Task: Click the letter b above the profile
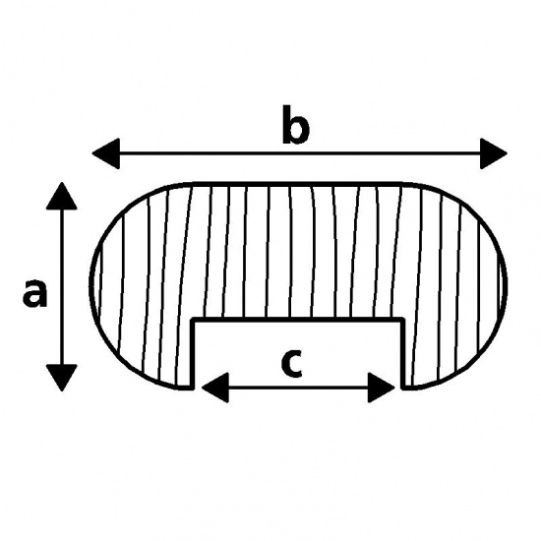click(296, 125)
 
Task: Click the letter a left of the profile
click(34, 294)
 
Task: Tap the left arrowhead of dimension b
click(106, 153)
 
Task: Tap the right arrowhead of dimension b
click(494, 153)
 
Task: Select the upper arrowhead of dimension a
click(61, 196)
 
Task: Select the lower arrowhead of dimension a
click(61, 378)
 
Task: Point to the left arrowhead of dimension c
click(215, 388)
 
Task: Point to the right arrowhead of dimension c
click(382, 388)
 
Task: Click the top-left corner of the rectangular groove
click(193, 320)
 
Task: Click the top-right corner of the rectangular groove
click(403, 320)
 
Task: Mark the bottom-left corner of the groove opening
click(193, 388)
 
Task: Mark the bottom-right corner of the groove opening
click(403, 388)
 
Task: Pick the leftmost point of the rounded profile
click(90, 282)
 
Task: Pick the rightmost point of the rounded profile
click(507, 283)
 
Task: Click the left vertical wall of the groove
click(193, 354)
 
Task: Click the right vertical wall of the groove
click(403, 354)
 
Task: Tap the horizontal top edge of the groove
click(298, 320)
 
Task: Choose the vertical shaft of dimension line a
click(62, 286)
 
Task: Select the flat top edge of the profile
click(298, 184)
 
